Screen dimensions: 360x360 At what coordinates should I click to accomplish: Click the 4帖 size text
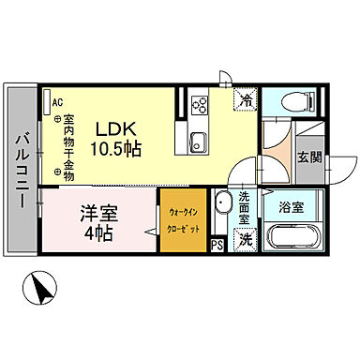click(95, 232)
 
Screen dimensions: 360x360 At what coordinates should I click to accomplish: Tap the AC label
click(57, 103)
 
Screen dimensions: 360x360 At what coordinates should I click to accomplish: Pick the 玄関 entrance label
click(308, 157)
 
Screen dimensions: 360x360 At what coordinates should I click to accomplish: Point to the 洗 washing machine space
click(243, 239)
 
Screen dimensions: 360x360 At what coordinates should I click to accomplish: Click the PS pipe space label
click(217, 247)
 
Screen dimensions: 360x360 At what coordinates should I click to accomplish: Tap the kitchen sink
click(198, 142)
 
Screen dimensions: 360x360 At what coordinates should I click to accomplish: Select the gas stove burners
click(199, 104)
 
